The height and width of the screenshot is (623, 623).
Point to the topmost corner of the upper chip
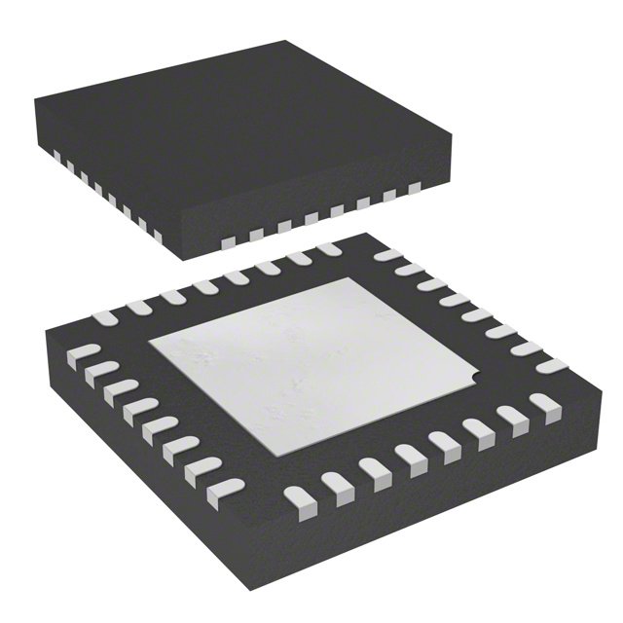pyautogui.click(x=285, y=41)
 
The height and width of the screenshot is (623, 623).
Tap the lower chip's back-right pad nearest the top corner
pyautogui.click(x=387, y=256)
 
